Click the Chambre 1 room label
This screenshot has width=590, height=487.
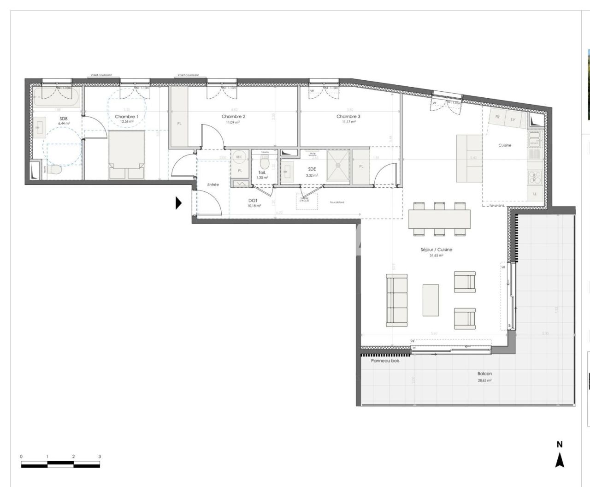coord(126,117)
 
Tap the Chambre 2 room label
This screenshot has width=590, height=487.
coord(233,117)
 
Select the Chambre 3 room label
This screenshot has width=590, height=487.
coord(348,117)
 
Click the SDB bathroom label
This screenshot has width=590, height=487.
coord(63,119)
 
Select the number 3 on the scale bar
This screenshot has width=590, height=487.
coord(100,457)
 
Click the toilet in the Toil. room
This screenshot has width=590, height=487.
coord(264,163)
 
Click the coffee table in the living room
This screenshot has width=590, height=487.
coord(431,300)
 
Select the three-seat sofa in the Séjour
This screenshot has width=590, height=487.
coord(397,300)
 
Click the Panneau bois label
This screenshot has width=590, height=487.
coord(385,361)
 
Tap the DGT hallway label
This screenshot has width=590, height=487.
coord(253,201)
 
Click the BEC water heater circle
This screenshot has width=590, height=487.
coord(239,157)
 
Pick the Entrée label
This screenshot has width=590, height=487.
coord(212,184)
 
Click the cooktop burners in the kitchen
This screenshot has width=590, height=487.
coord(535,178)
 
